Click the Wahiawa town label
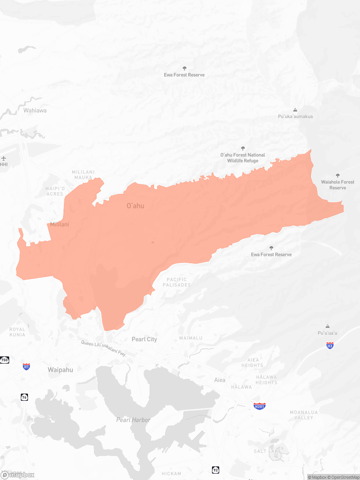pyautogui.click(x=35, y=110)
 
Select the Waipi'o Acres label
pyautogui.click(x=54, y=191)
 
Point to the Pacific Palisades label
pyautogui.click(x=177, y=282)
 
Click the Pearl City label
pyautogui.click(x=144, y=339)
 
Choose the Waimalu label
pyautogui.click(x=191, y=338)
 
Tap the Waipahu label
pyautogui.click(x=60, y=370)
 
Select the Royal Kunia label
pyautogui.click(x=17, y=332)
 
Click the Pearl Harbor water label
pyautogui.click(x=134, y=420)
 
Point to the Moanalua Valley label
pyautogui.click(x=302, y=415)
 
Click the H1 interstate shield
pyautogui.click(x=26, y=366)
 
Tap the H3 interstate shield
pyautogui.click(x=330, y=345)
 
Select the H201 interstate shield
pyautogui.click(x=260, y=406)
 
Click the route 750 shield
pyautogui.click(x=4, y=360)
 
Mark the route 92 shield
pyautogui.click(x=215, y=470)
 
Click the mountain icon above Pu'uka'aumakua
pyautogui.click(x=295, y=110)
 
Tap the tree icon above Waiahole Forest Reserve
pyautogui.click(x=338, y=176)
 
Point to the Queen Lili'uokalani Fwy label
pyautogui.click(x=103, y=348)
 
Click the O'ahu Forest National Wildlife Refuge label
pyautogui.click(x=243, y=158)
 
